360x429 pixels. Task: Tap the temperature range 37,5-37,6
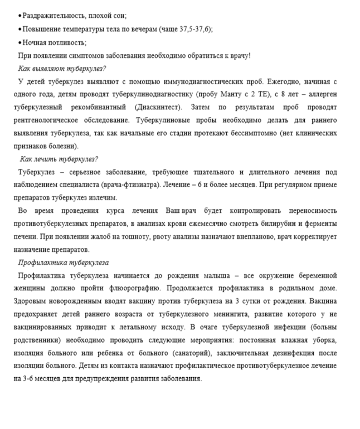[193, 28]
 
